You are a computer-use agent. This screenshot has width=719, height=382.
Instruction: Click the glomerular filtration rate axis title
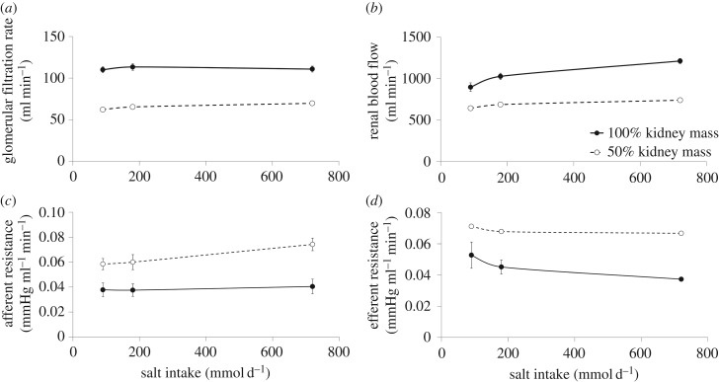tap(17, 86)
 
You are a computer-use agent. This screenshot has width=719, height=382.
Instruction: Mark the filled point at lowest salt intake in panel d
tap(443, 282)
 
